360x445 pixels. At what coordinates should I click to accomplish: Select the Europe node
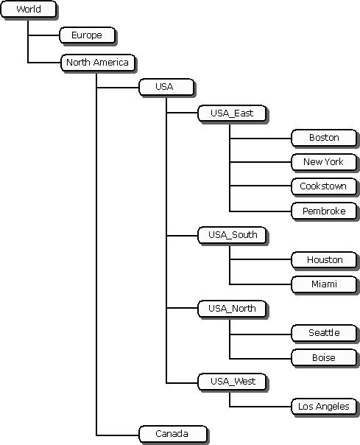pyautogui.click(x=86, y=35)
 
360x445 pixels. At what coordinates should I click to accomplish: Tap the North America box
pyautogui.click(x=97, y=63)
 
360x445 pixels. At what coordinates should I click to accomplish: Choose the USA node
pyautogui.click(x=164, y=87)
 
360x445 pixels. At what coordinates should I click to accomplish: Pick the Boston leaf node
pyautogui.click(x=323, y=138)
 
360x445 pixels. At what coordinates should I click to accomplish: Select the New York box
pyautogui.click(x=323, y=162)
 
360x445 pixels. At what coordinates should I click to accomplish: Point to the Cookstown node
pyautogui.click(x=323, y=186)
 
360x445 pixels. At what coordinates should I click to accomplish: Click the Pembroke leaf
pyautogui.click(x=323, y=211)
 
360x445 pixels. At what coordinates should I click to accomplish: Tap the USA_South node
pyautogui.click(x=231, y=235)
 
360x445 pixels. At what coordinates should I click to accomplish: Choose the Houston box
pyautogui.click(x=324, y=260)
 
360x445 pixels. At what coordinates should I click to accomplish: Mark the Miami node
pyautogui.click(x=323, y=284)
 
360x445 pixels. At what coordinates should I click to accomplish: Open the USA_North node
pyautogui.click(x=231, y=309)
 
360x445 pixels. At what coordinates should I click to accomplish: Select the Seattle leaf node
pyautogui.click(x=323, y=333)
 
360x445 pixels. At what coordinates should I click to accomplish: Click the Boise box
pyautogui.click(x=323, y=358)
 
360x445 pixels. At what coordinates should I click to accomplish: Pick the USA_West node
pyautogui.click(x=230, y=382)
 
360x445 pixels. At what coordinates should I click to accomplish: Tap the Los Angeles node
pyautogui.click(x=323, y=407)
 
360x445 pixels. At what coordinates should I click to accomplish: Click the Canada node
pyautogui.click(x=172, y=434)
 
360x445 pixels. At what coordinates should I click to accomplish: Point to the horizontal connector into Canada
pyautogui.click(x=118, y=434)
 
